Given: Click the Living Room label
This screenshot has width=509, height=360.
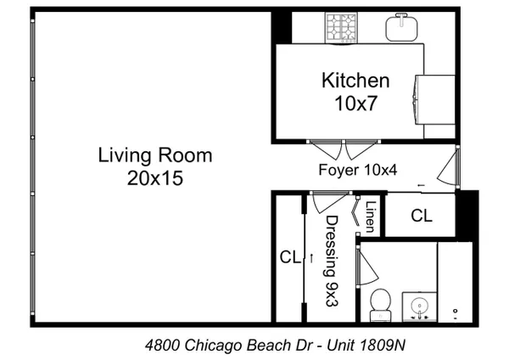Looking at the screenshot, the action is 155,155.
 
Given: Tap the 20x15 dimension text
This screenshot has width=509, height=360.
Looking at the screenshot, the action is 155,178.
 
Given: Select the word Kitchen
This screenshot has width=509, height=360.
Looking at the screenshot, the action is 355,81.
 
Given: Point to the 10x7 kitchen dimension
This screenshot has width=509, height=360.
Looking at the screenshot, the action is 355,104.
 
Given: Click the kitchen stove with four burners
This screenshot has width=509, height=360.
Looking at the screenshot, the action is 341,28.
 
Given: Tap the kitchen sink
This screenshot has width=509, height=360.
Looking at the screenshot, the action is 401,27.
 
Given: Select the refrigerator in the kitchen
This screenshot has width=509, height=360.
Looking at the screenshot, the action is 434,99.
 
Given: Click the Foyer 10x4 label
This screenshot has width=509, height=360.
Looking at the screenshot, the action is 358,170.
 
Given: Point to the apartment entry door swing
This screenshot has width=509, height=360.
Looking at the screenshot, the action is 448,167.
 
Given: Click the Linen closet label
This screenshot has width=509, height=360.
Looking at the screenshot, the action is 371,217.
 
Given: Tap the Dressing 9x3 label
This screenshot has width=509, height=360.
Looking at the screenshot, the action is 332,261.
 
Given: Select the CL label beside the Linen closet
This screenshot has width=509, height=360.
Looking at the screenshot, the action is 422,215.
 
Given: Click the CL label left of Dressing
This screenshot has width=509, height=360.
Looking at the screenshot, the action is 290,257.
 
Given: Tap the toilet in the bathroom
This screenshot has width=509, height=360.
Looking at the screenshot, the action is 380,305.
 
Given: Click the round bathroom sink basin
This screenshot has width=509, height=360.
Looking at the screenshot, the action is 419,306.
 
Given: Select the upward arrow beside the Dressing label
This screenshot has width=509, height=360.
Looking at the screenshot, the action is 311,258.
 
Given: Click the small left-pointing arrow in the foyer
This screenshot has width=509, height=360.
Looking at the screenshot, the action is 421,186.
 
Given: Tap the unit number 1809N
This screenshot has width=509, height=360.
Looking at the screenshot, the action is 383,345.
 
